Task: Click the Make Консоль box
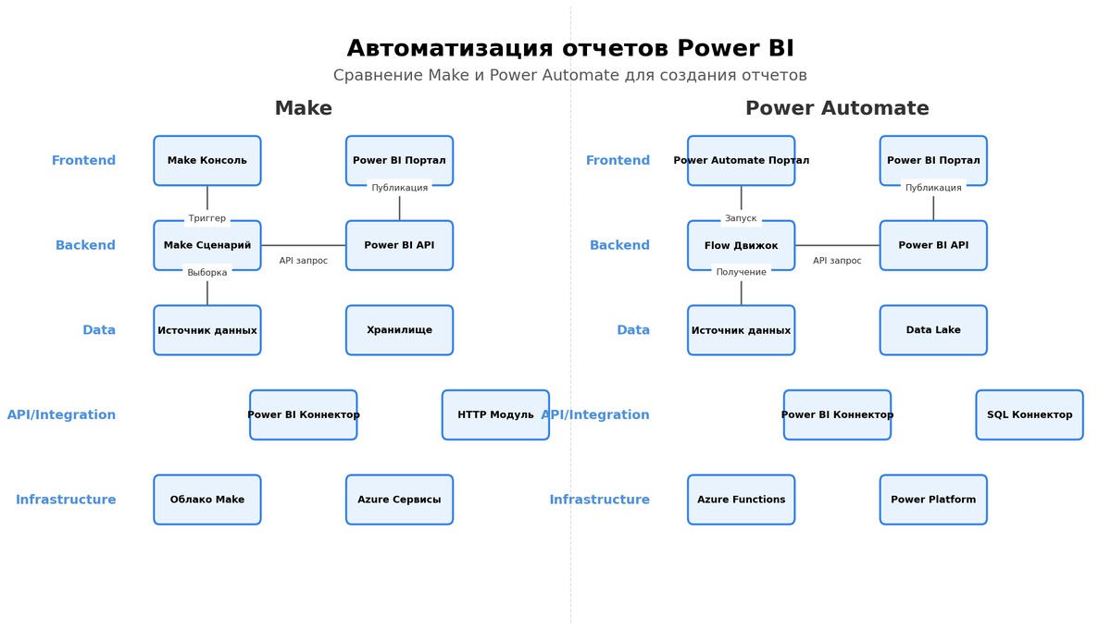(207, 161)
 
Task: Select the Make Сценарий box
(207, 245)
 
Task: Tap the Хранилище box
(399, 330)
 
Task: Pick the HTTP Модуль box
(495, 414)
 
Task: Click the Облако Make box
(207, 500)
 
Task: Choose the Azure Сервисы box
(399, 500)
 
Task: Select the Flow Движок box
(741, 245)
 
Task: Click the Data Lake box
(933, 330)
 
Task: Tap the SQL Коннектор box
(1030, 414)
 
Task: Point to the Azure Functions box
(741, 500)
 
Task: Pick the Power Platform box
(933, 500)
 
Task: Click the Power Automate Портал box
(741, 161)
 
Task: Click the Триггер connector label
(207, 219)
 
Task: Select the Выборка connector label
(207, 273)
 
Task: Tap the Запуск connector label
(741, 219)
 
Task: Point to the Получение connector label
(741, 273)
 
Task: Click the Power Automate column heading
(837, 109)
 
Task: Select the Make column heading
(304, 109)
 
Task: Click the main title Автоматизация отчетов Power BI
(570, 49)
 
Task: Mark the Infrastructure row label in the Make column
(66, 500)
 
